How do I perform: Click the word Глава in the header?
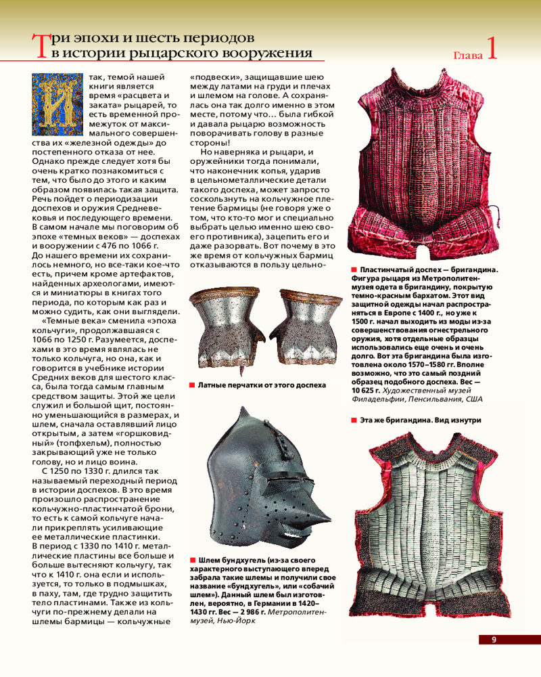(x=468, y=55)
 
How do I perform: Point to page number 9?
(x=494, y=640)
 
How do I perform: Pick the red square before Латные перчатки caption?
(x=192, y=385)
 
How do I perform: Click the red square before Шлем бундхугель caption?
(x=192, y=561)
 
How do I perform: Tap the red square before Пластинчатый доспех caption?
(x=354, y=270)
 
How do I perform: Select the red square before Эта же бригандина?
(x=354, y=420)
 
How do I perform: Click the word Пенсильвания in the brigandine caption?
(x=432, y=399)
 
